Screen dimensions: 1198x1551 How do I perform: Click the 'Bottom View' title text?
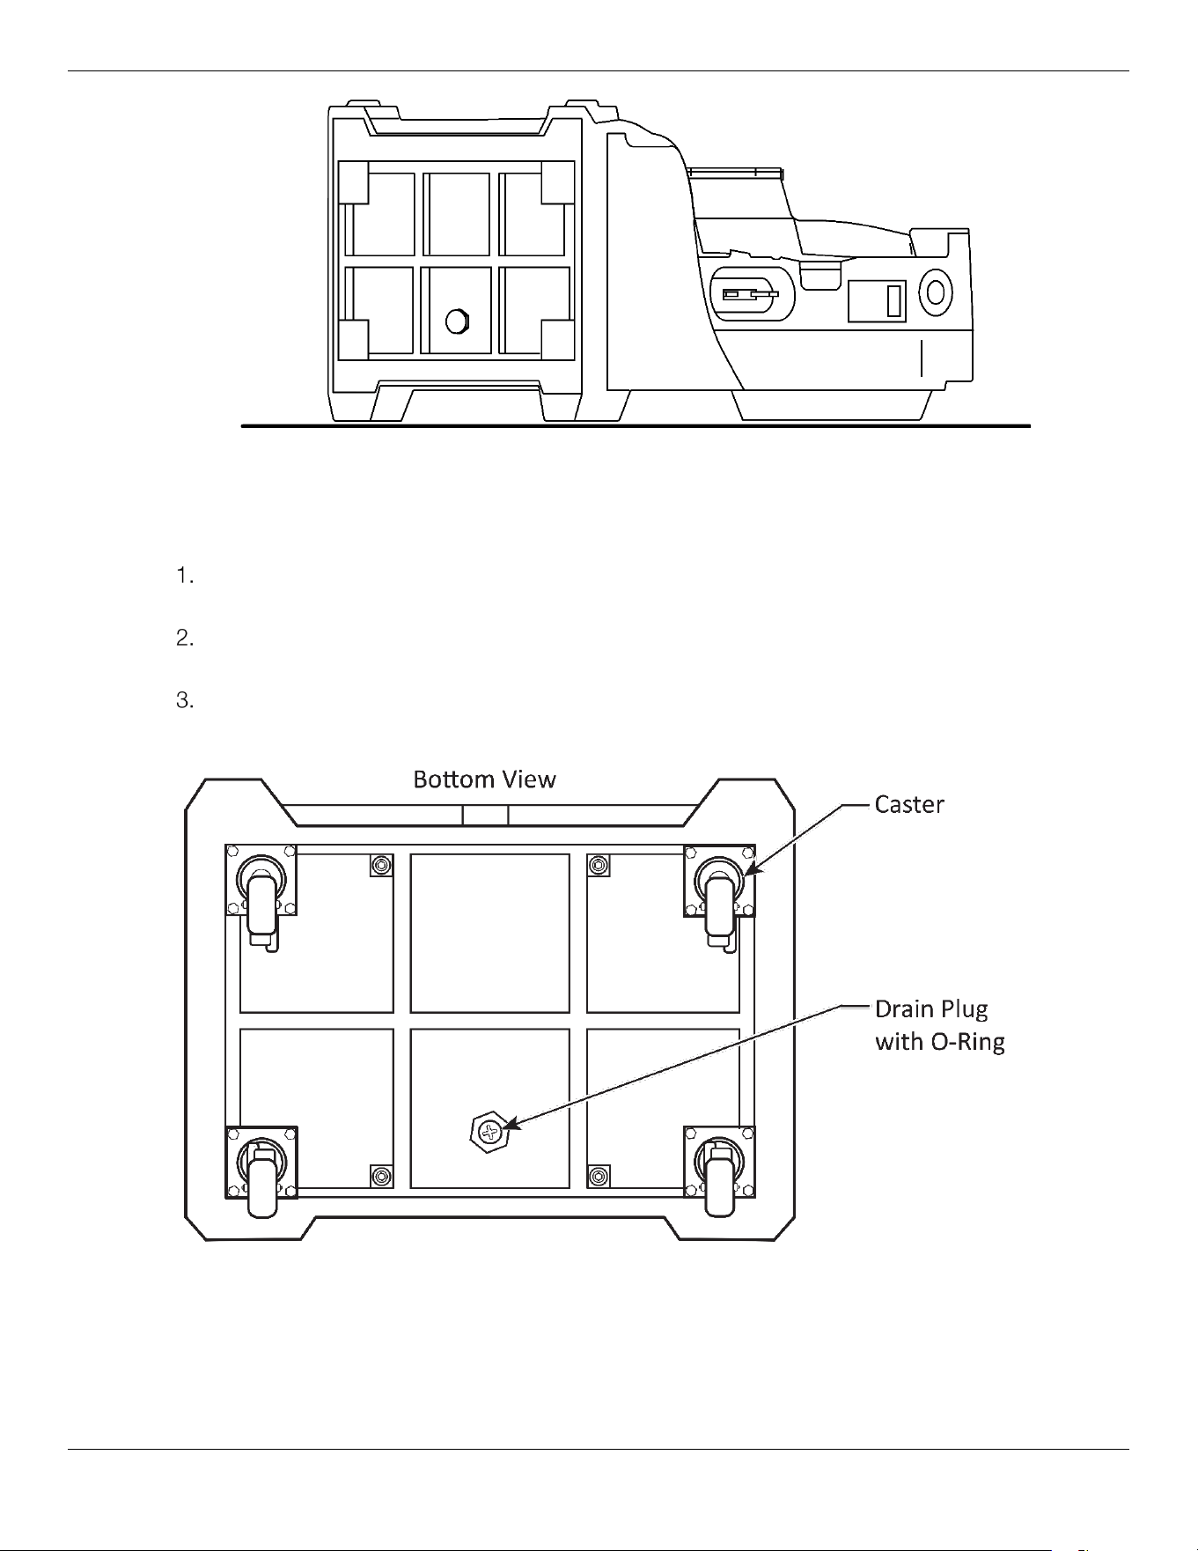(484, 779)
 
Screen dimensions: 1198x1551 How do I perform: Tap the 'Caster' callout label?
(909, 804)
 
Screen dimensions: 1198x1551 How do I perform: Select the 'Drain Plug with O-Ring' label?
(940, 1025)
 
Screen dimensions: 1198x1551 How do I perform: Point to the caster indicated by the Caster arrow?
(719, 899)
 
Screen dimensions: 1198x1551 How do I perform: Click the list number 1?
(184, 577)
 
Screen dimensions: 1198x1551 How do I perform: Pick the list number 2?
(184, 639)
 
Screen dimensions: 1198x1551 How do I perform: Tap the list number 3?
(184, 701)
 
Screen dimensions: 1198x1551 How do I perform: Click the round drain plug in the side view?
(456, 321)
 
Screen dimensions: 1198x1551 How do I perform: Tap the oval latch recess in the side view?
(752, 294)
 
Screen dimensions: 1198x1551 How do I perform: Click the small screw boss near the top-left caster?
(381, 866)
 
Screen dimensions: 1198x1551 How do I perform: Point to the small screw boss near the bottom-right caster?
(599, 1176)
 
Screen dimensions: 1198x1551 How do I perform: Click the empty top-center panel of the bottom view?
(489, 933)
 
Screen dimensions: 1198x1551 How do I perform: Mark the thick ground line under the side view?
(636, 426)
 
